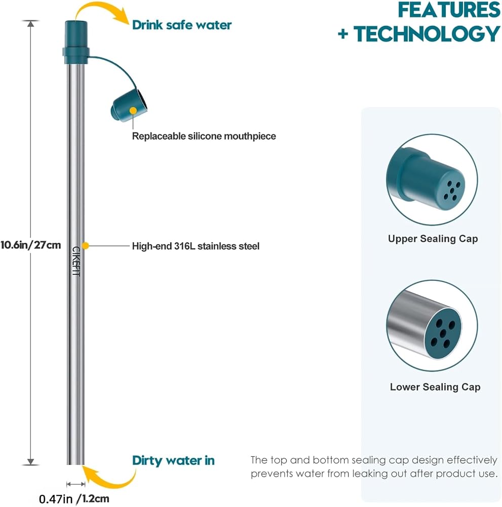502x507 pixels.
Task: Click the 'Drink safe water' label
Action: pyautogui.click(x=182, y=25)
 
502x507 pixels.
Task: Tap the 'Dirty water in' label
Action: pyautogui.click(x=173, y=460)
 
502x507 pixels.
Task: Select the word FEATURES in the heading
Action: pyautogui.click(x=449, y=10)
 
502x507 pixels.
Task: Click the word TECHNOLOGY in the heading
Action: pyautogui.click(x=427, y=34)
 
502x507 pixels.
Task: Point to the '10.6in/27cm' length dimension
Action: pyautogui.click(x=31, y=245)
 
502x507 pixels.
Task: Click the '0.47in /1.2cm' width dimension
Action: pyautogui.click(x=74, y=498)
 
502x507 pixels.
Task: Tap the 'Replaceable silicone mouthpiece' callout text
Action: pyautogui.click(x=204, y=136)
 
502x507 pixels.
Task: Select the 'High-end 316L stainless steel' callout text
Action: pyautogui.click(x=196, y=246)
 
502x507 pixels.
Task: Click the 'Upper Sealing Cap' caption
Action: pyautogui.click(x=433, y=239)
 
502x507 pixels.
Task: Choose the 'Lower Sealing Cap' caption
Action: pyautogui.click(x=435, y=387)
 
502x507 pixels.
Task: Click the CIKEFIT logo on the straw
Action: pyautogui.click(x=76, y=261)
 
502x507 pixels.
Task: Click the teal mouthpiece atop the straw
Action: pyautogui.click(x=76, y=42)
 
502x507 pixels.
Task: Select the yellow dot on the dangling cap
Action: pyautogui.click(x=133, y=111)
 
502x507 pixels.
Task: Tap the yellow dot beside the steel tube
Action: pyautogui.click(x=85, y=246)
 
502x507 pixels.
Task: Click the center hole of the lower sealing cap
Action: pyautogui.click(x=443, y=334)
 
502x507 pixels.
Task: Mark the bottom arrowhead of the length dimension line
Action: pyautogui.click(x=31, y=462)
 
